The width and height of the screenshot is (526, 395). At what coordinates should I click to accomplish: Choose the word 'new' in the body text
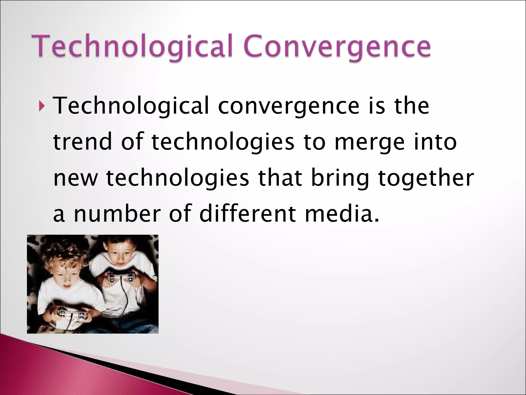click(76, 178)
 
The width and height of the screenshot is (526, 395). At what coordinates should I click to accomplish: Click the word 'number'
click(117, 214)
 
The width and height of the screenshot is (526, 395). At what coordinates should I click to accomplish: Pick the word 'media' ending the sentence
click(342, 214)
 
